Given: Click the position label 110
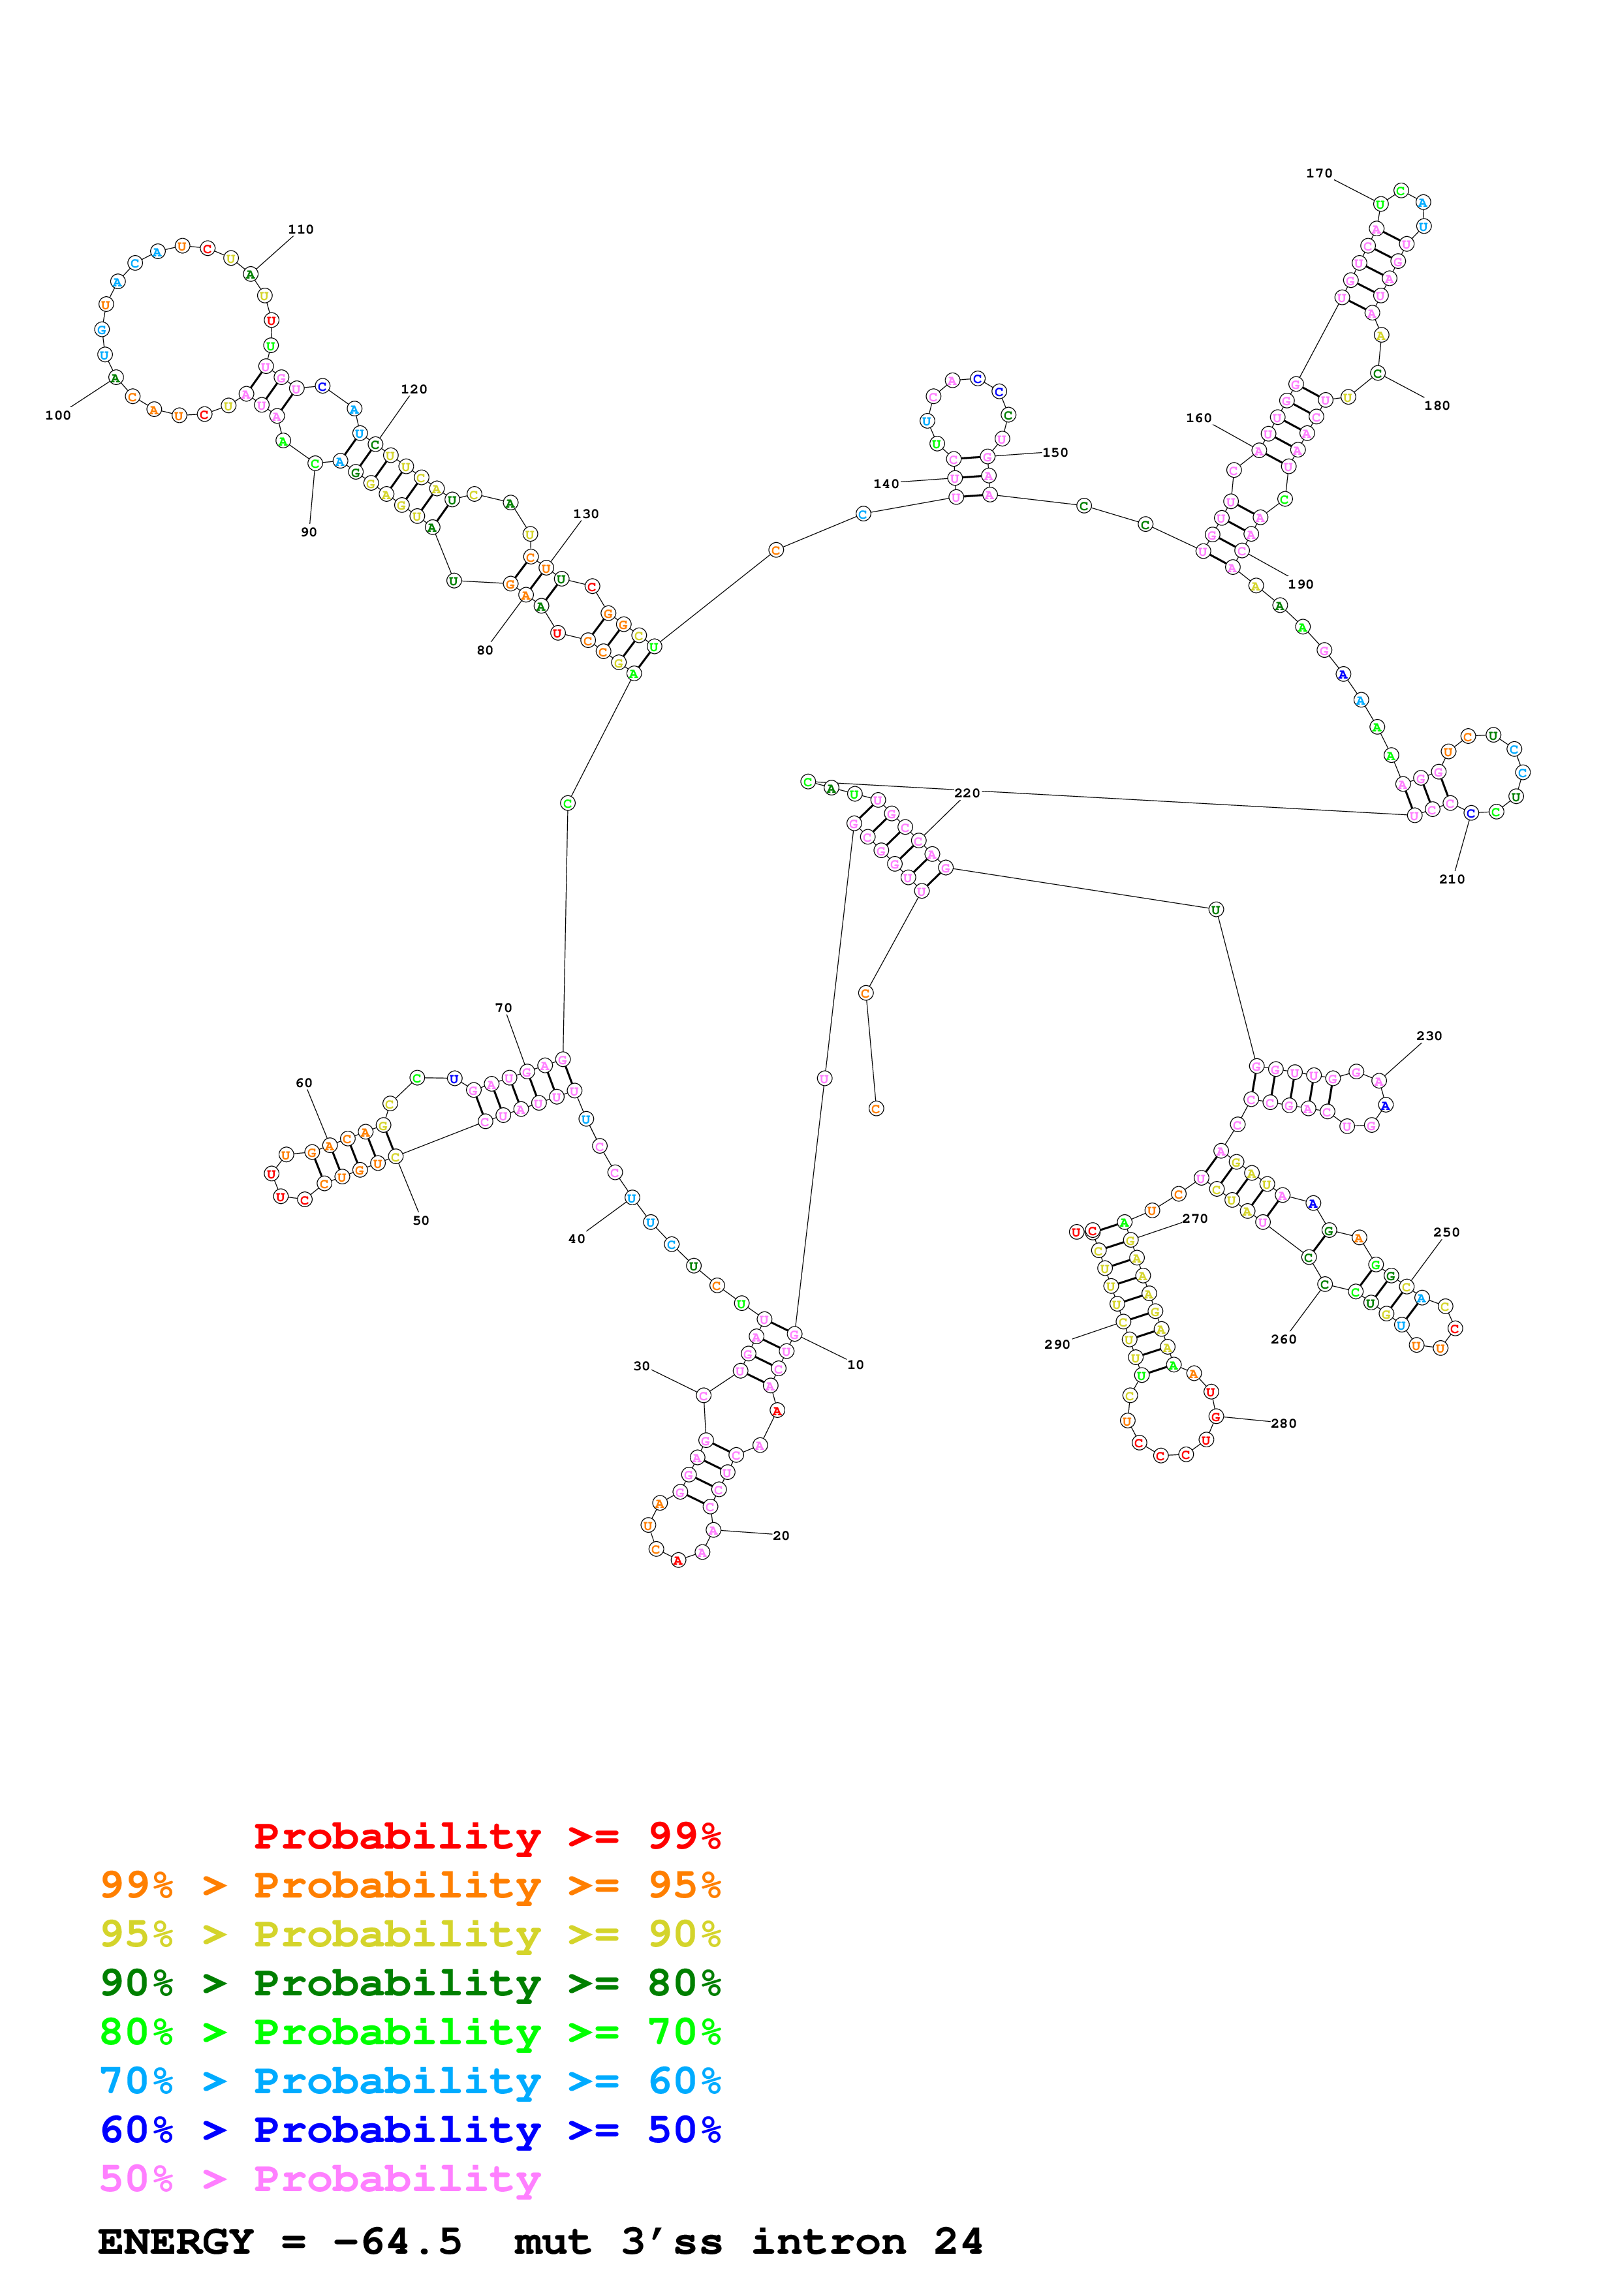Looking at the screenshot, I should tap(301, 229).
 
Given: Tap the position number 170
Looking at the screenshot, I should tap(1319, 174).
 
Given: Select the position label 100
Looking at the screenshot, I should tap(58, 416).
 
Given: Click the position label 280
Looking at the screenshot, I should tap(1284, 1424).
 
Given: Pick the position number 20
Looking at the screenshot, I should tap(781, 1536).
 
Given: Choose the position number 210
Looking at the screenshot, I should tap(1452, 880).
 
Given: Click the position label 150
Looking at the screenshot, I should tap(1055, 453).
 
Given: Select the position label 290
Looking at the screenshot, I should tap(1057, 1345).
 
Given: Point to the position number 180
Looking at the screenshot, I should tap(1437, 406).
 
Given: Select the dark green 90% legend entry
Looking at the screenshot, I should tap(410, 1983).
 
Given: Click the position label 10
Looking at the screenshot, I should tap(856, 1365).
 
